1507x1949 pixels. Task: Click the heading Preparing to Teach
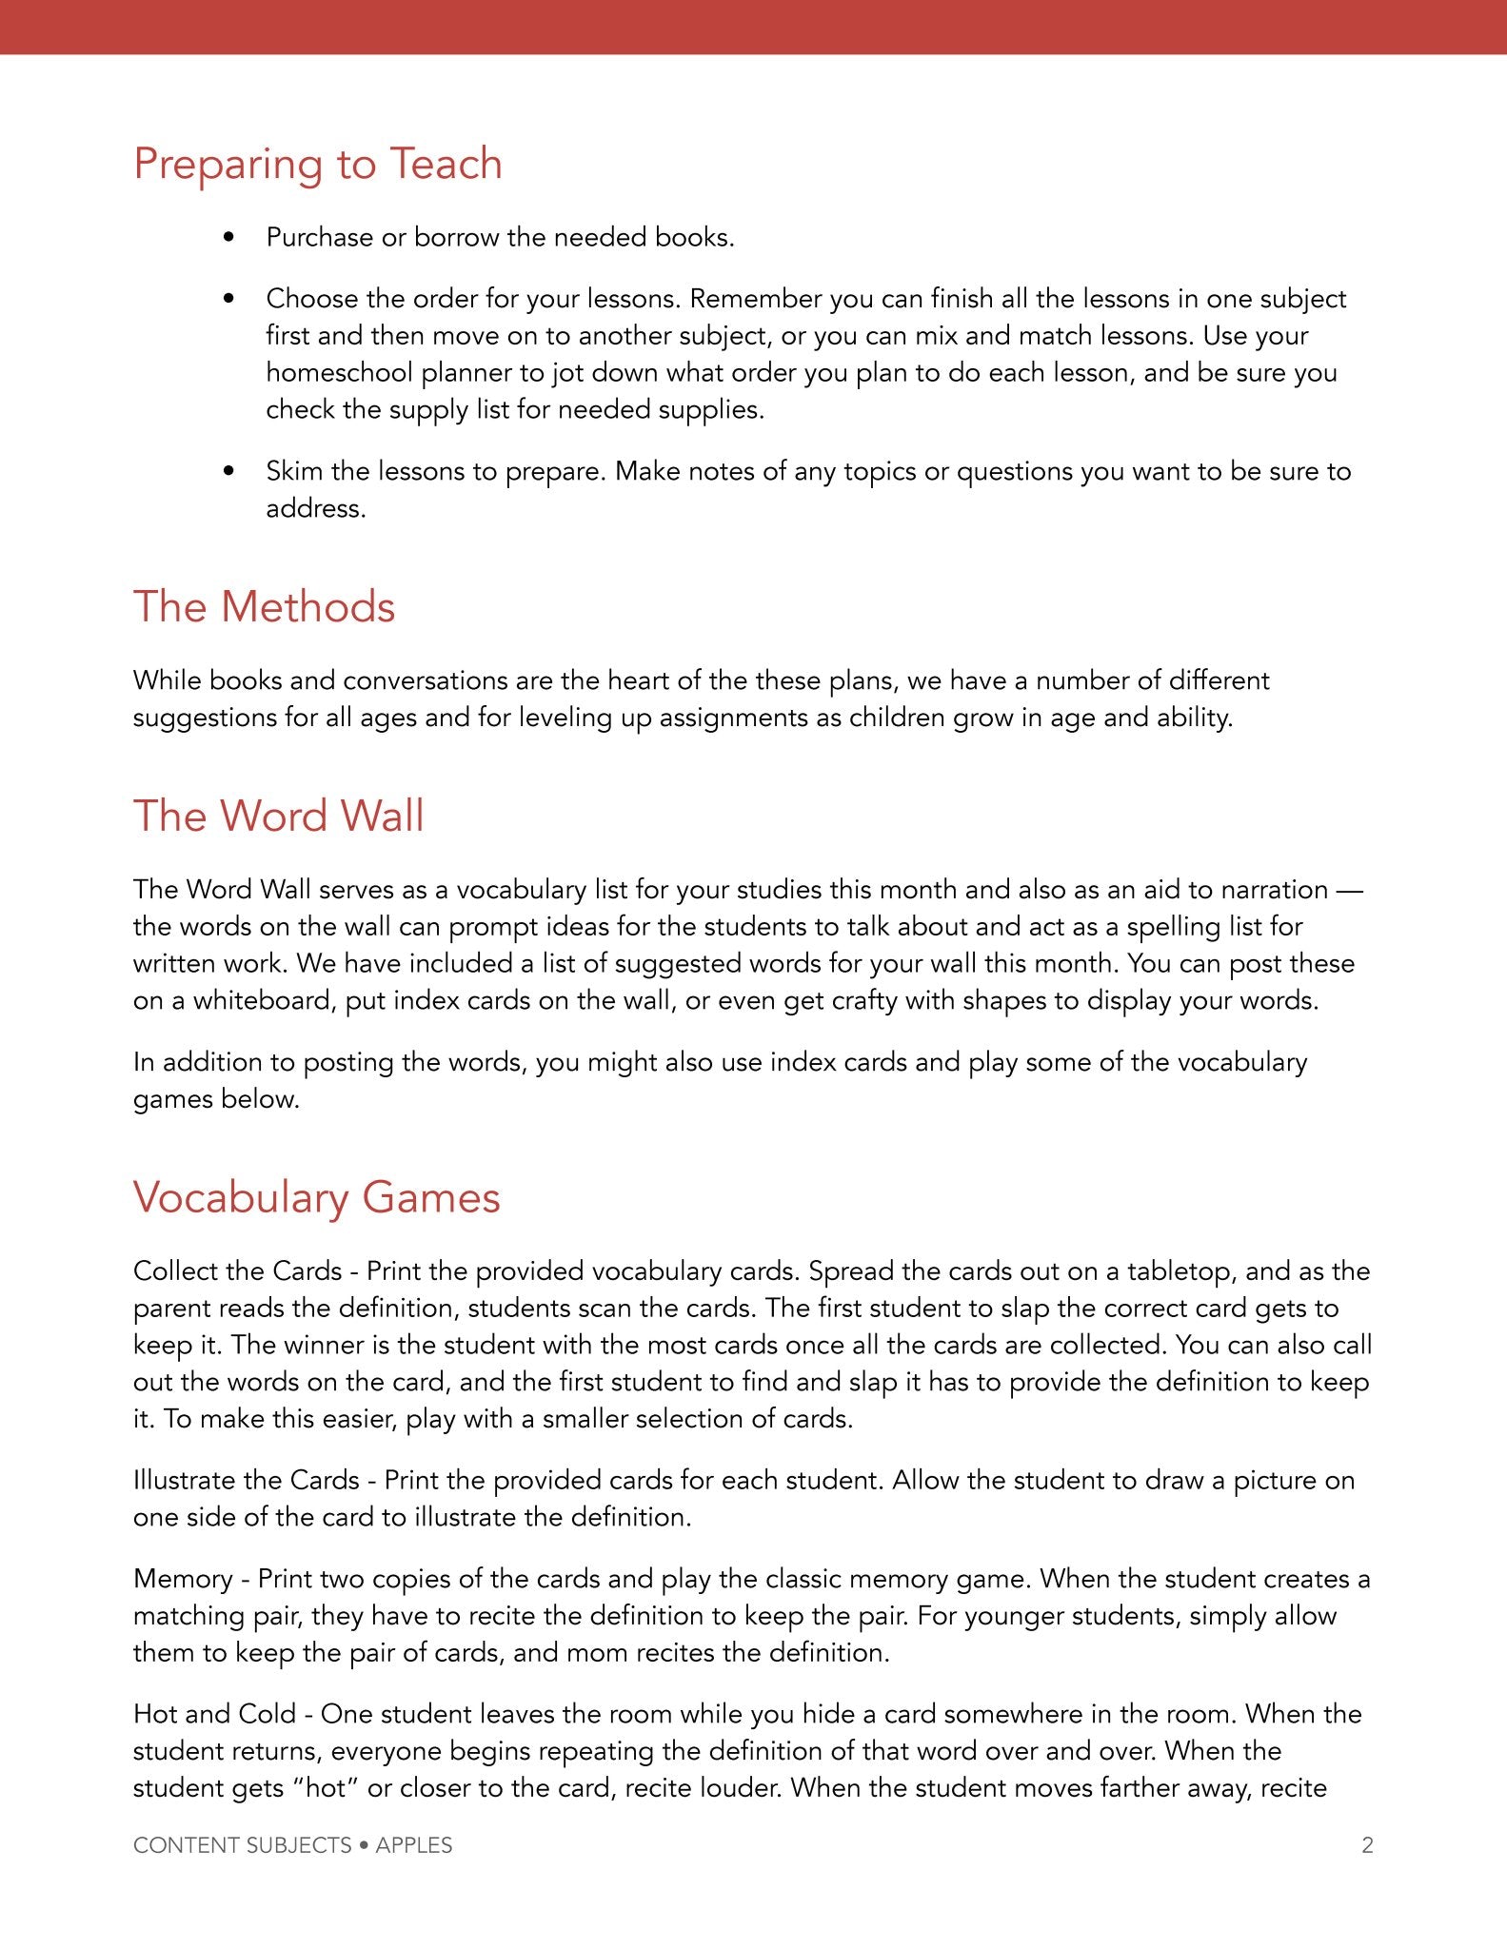coord(317,164)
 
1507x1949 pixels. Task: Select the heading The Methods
coord(264,607)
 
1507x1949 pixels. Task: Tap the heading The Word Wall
coord(278,816)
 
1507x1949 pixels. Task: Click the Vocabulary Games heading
coord(316,1197)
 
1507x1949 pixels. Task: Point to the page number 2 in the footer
coord(1367,1845)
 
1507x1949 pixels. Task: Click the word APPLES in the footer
coord(414,1845)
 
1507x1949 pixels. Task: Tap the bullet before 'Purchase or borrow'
coord(228,238)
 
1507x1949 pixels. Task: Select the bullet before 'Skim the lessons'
coord(228,471)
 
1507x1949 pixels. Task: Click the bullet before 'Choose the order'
coord(228,299)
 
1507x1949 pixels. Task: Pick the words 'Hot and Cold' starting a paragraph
coord(214,1714)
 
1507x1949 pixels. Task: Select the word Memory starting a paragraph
coord(183,1579)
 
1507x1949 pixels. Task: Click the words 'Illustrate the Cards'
coord(246,1480)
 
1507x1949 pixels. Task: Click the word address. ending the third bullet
coord(315,508)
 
